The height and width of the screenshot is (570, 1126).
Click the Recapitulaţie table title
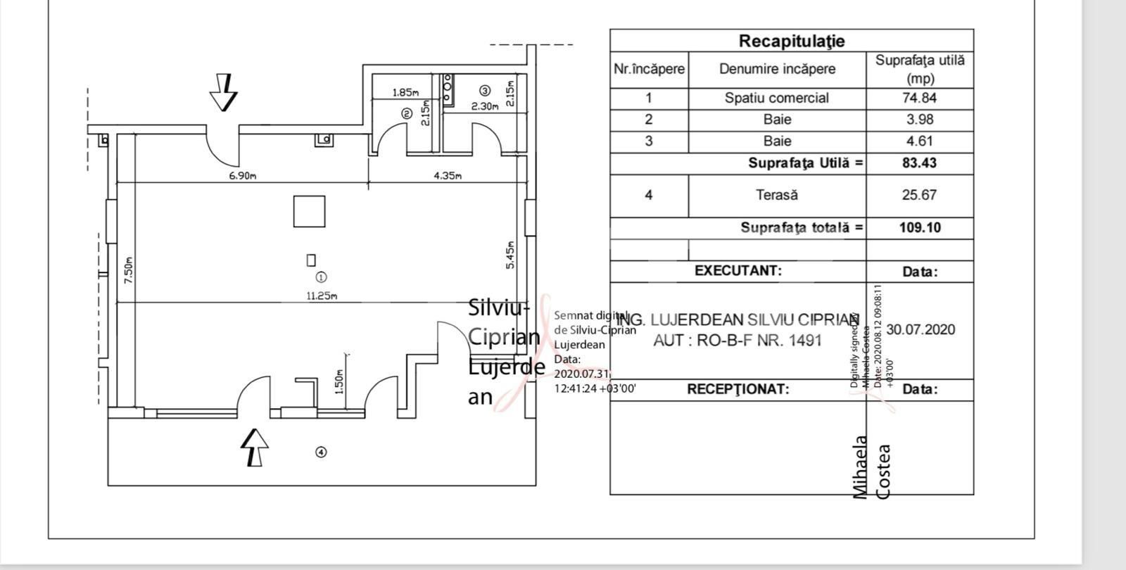pyautogui.click(x=791, y=41)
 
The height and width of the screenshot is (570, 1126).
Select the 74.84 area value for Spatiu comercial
pyautogui.click(x=919, y=98)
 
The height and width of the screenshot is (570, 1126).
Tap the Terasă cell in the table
pyautogui.click(x=776, y=195)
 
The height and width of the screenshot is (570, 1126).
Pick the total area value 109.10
pyautogui.click(x=919, y=227)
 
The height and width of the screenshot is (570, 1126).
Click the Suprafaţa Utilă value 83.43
pyautogui.click(x=919, y=163)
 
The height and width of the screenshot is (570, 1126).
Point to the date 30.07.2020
pyautogui.click(x=921, y=329)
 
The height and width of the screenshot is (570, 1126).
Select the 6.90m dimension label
pyautogui.click(x=242, y=176)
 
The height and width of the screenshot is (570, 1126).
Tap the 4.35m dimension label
pyautogui.click(x=448, y=176)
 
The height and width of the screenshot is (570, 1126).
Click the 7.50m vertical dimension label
pyautogui.click(x=127, y=270)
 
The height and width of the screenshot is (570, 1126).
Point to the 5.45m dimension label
pyautogui.click(x=510, y=255)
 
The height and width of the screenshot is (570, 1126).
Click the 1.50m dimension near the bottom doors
pyautogui.click(x=339, y=383)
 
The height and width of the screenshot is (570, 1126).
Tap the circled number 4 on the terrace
pyautogui.click(x=321, y=452)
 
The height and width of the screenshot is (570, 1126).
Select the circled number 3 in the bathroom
pyautogui.click(x=484, y=90)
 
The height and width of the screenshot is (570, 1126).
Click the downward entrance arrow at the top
pyautogui.click(x=224, y=92)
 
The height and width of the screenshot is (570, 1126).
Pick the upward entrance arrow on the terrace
pyautogui.click(x=255, y=448)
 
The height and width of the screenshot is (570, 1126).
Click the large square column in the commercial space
pyautogui.click(x=310, y=211)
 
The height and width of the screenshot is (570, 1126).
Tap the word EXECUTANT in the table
pyautogui.click(x=738, y=271)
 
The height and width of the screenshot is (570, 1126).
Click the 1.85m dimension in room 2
pyautogui.click(x=405, y=92)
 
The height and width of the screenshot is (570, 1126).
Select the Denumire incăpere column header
pyautogui.click(x=777, y=69)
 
